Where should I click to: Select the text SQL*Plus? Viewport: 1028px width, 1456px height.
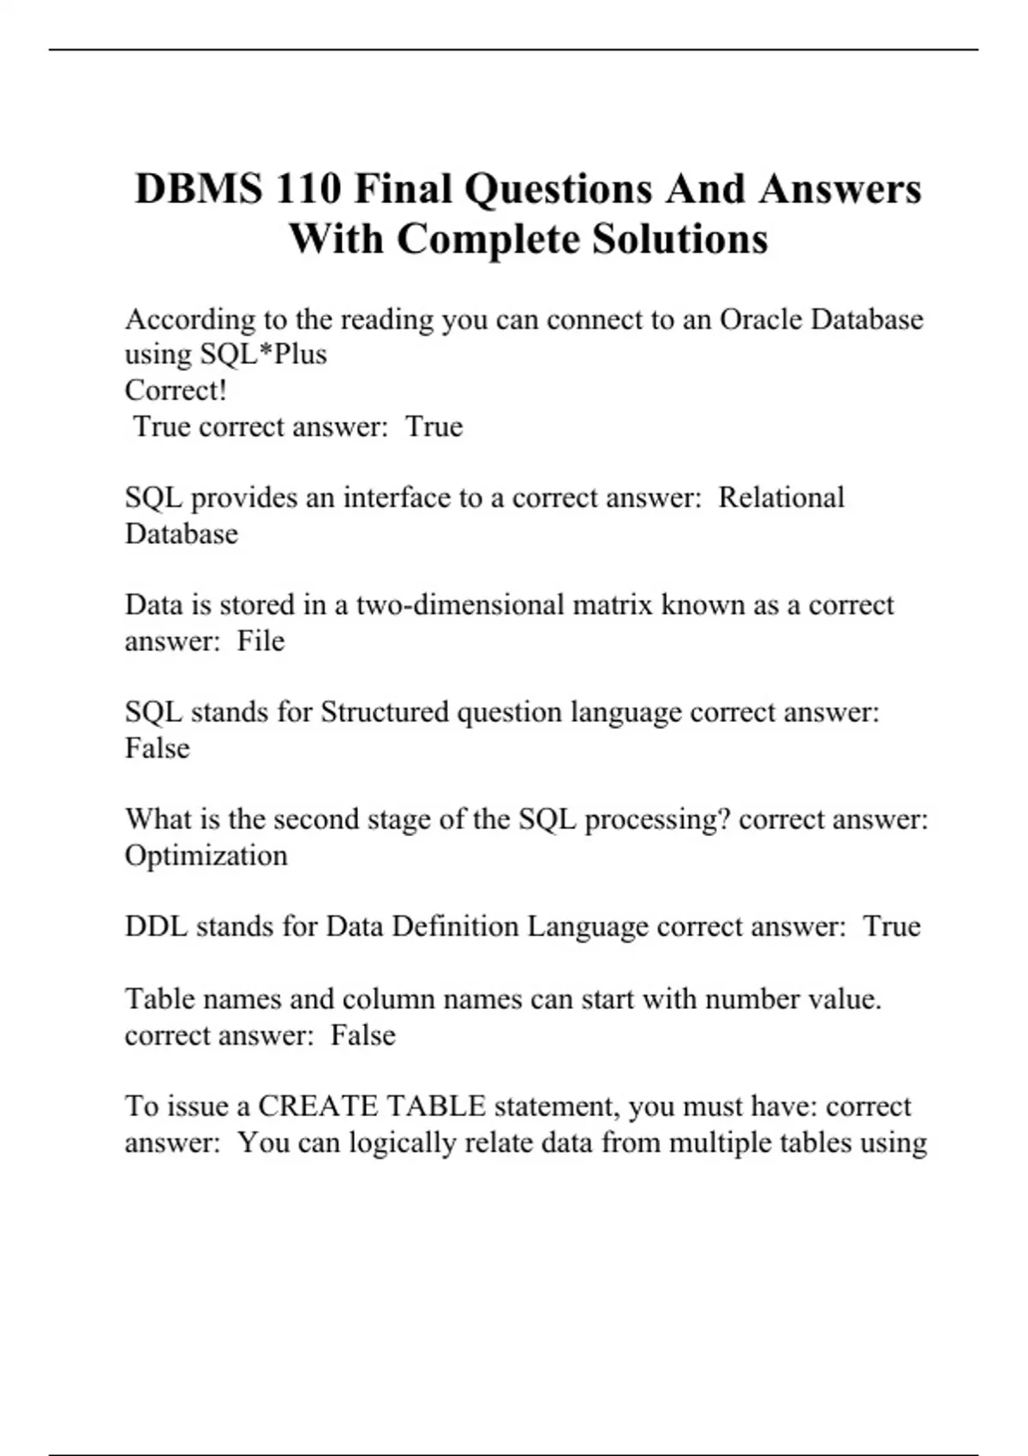tap(263, 355)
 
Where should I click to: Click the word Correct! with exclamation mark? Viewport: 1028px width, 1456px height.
tap(176, 391)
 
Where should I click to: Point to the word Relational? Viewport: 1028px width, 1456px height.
tap(781, 498)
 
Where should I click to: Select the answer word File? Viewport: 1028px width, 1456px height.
tap(260, 641)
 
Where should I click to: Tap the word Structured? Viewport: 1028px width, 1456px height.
tap(385, 712)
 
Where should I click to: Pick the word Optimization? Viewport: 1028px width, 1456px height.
tap(206, 856)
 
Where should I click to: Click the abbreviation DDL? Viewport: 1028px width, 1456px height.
tap(156, 927)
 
